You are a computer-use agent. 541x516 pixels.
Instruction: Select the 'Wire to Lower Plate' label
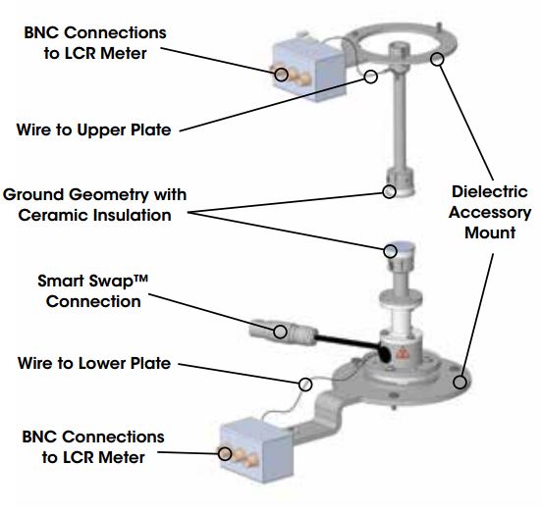(x=94, y=363)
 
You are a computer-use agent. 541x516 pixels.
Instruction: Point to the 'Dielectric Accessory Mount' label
(x=491, y=213)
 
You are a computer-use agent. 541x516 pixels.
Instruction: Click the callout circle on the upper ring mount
(x=438, y=59)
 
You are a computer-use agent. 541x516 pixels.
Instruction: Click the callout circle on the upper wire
(x=371, y=77)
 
